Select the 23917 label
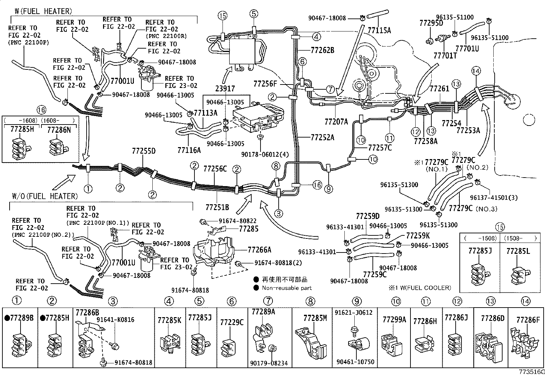click(x=225, y=89)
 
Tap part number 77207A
click(x=336, y=121)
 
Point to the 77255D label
click(x=144, y=151)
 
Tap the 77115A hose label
click(x=379, y=30)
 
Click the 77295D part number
click(x=431, y=23)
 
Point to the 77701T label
click(x=445, y=55)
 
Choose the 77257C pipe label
click(x=380, y=148)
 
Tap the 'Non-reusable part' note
click(x=287, y=288)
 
